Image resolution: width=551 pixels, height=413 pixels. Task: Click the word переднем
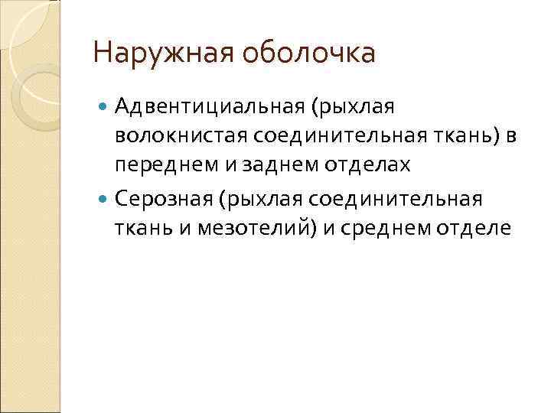158,164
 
